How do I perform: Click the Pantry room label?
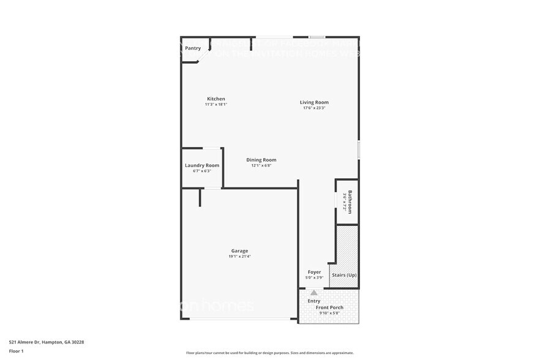193,48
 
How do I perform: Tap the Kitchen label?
216,99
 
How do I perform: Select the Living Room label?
314,102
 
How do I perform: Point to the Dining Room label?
261,160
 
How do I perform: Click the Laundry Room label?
202,165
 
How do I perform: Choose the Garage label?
239,250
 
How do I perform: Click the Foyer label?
314,272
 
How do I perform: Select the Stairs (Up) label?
344,275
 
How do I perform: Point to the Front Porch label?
329,307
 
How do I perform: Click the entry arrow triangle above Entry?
314,293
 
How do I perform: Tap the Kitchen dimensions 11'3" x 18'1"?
216,105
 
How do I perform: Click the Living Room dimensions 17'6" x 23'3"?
314,108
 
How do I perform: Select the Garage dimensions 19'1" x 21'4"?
239,257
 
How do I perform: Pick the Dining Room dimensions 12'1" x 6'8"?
261,165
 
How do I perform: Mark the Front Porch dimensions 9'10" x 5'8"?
329,313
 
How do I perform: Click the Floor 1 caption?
17,351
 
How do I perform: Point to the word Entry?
314,301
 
